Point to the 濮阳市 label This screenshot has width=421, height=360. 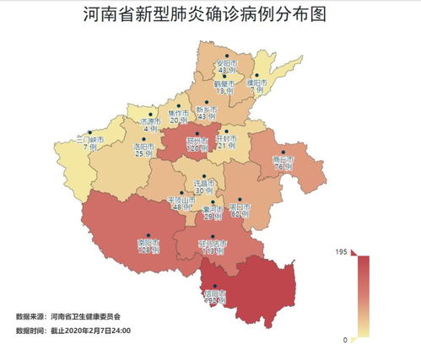tap(256, 83)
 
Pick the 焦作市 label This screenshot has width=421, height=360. tap(178, 113)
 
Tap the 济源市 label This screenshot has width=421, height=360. tap(150, 121)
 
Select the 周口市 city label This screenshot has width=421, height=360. tap(240, 206)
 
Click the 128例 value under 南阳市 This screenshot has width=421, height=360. tap(148, 250)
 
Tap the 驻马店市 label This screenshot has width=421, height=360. tap(212, 244)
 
